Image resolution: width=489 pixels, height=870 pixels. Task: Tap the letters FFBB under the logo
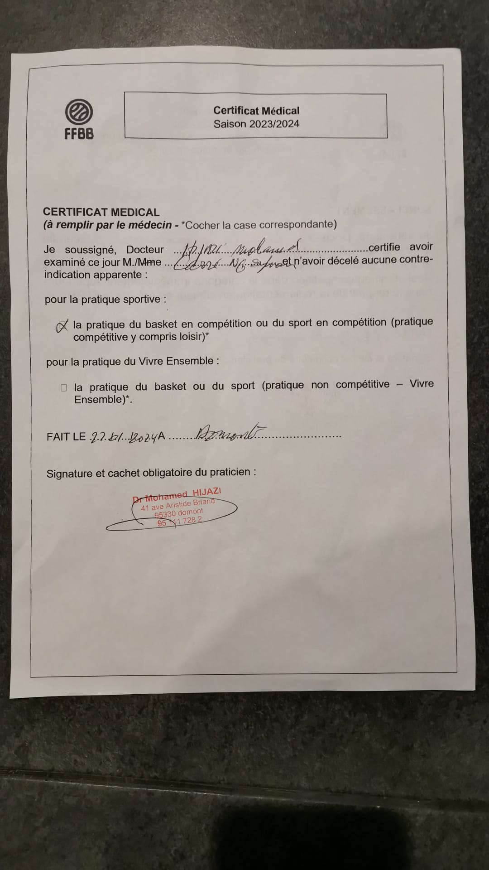79,134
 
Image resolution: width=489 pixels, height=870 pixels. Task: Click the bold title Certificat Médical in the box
256,111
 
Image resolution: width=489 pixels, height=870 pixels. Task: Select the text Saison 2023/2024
256,124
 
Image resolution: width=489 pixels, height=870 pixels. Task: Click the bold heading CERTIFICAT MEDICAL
101,212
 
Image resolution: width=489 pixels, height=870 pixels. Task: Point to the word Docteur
145,250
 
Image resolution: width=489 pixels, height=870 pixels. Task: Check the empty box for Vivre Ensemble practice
63,387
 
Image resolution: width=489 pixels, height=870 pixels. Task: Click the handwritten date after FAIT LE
123,437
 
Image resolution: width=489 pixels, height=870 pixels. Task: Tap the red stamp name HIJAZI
207,493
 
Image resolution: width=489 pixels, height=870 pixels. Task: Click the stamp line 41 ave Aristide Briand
177,504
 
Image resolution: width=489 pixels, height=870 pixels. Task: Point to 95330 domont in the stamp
178,513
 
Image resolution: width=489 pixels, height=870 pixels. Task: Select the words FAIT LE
66,437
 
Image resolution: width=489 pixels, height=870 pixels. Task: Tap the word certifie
384,247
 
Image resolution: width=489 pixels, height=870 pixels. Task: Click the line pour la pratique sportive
105,300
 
